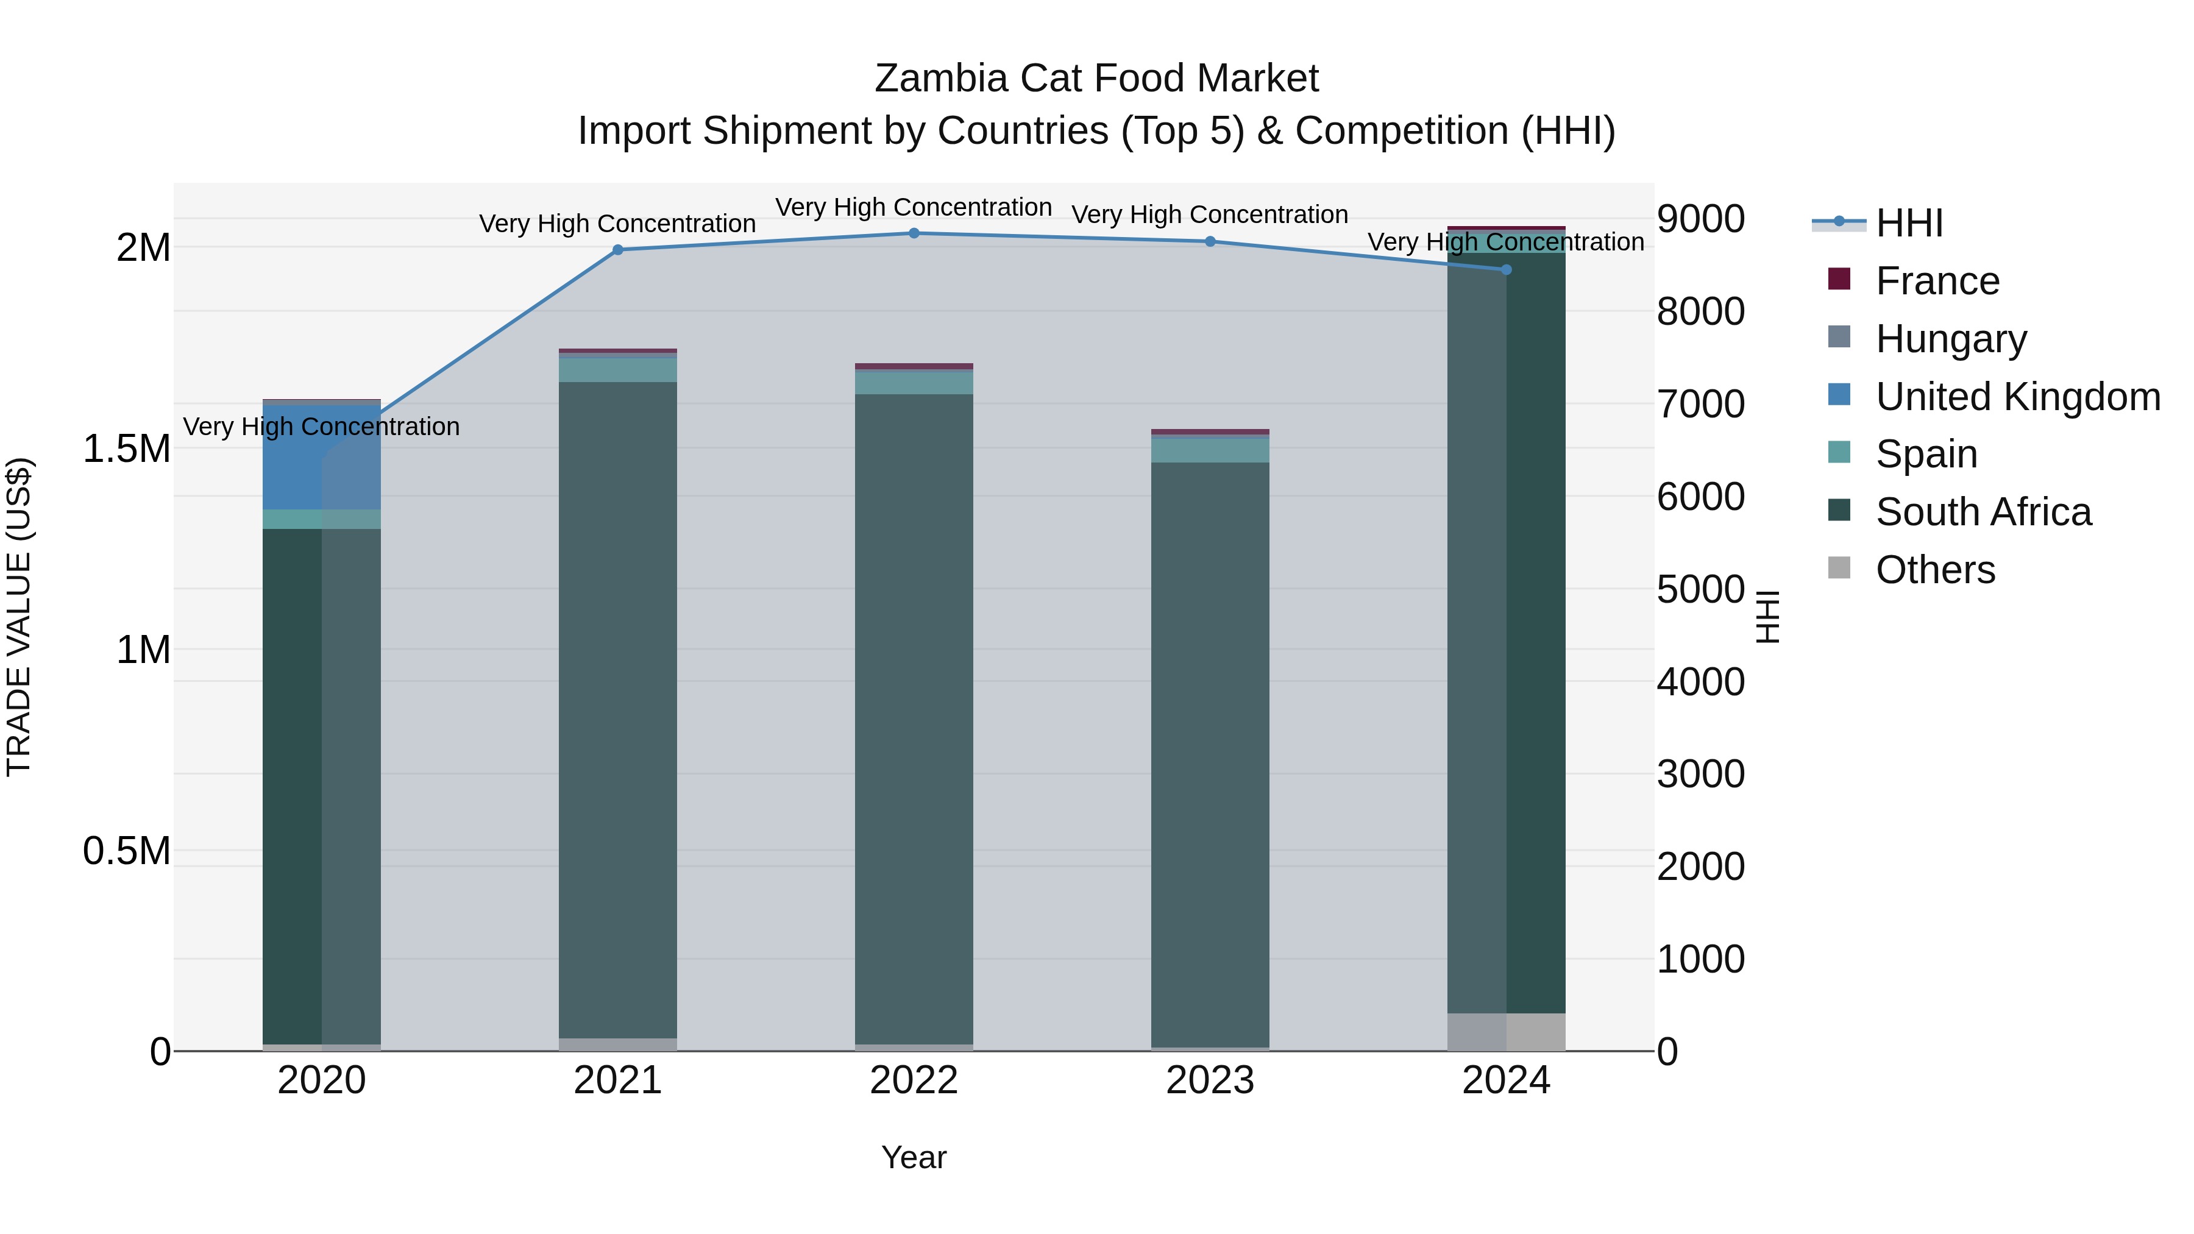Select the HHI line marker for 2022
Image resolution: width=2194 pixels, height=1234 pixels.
(914, 233)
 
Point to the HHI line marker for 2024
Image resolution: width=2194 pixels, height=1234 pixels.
(1506, 269)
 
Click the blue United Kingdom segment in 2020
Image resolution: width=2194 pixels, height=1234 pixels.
(292, 456)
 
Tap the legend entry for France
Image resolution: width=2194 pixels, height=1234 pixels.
(1937, 281)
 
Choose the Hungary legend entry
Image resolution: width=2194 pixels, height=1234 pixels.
(1950, 339)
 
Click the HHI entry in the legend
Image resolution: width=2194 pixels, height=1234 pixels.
(1909, 223)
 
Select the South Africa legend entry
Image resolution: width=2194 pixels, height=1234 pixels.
(1983, 512)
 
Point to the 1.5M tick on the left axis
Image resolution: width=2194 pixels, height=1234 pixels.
(127, 449)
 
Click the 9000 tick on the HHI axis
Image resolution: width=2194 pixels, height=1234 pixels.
(1700, 219)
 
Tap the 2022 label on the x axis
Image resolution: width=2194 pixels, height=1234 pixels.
(914, 1080)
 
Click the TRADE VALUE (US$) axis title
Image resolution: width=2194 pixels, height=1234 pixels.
(19, 617)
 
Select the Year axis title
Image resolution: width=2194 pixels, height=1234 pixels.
(914, 1157)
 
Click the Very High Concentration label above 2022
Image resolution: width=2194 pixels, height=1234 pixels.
(914, 207)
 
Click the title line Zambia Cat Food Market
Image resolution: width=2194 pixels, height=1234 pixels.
(1096, 79)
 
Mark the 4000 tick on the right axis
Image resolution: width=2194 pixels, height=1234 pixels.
(1700, 682)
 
